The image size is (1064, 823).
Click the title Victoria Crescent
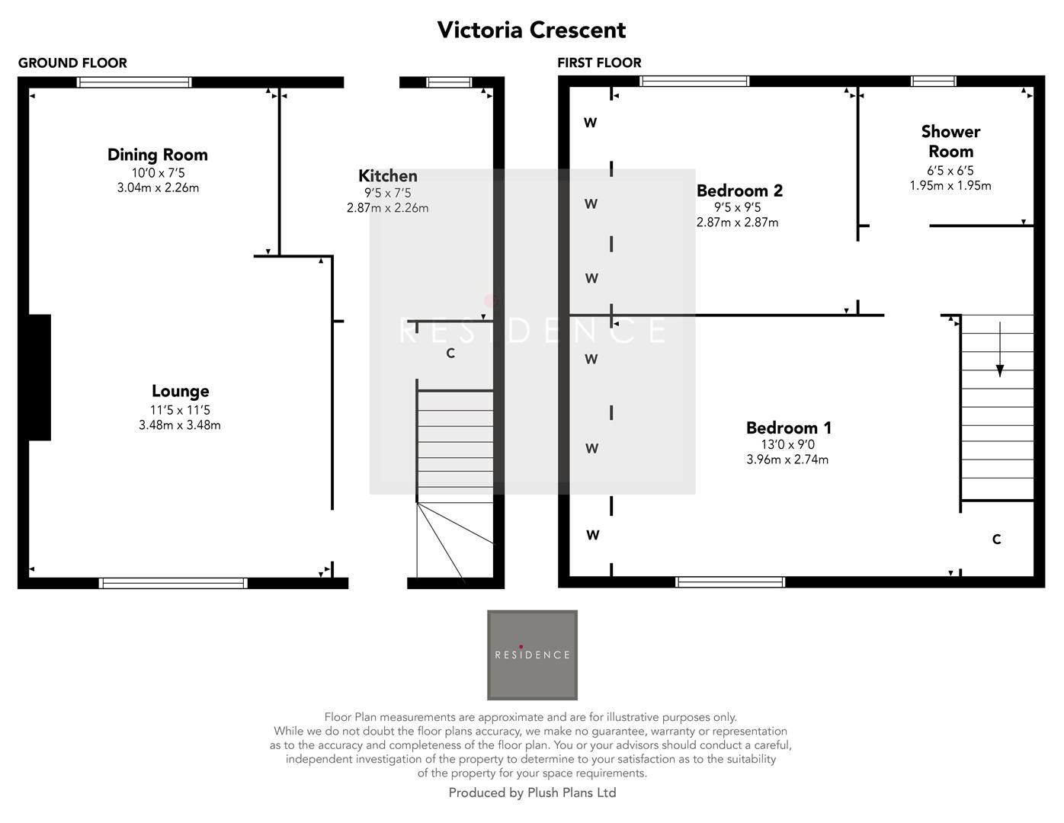(x=531, y=30)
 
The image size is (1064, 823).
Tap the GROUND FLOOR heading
(x=72, y=62)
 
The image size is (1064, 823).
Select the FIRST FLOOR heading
(x=599, y=62)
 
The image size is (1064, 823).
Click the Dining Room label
(x=158, y=155)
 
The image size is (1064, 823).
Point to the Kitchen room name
(x=388, y=176)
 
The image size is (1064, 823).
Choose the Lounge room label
(x=180, y=391)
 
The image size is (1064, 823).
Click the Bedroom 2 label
(x=739, y=191)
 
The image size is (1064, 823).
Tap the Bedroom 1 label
(x=788, y=428)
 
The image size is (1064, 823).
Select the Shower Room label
(x=950, y=141)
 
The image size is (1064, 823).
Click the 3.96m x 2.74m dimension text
(x=787, y=460)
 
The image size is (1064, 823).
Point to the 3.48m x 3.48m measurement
(x=180, y=425)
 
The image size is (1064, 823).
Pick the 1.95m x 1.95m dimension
(x=950, y=185)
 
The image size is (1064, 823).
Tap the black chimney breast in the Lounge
(x=40, y=377)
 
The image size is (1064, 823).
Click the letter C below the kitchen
(x=450, y=354)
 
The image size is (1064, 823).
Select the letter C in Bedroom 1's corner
(x=996, y=540)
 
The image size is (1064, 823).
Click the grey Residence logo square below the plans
(x=532, y=655)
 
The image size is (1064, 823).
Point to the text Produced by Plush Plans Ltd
(x=532, y=793)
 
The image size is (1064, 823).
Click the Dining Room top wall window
(x=134, y=82)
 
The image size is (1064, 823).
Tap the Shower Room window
(x=933, y=82)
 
